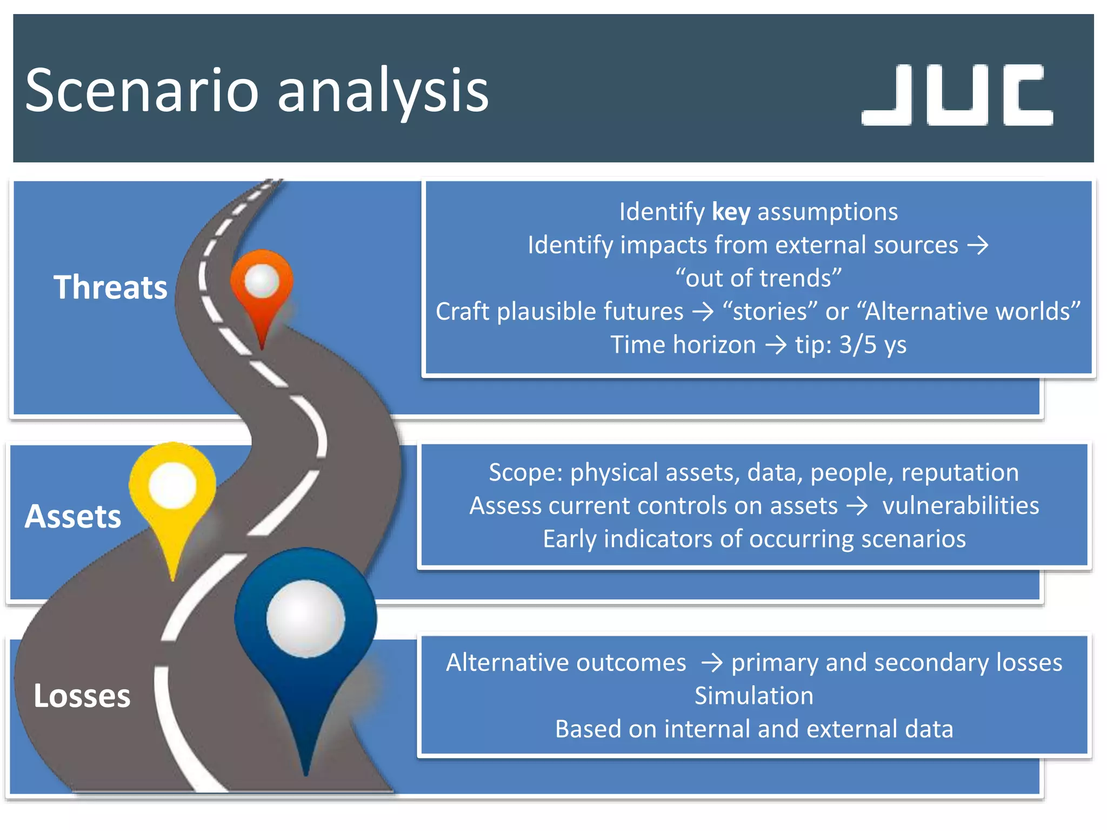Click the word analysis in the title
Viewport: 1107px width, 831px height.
(x=383, y=90)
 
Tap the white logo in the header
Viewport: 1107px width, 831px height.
(x=957, y=95)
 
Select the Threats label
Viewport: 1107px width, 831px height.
(x=110, y=287)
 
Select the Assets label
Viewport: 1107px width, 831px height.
(x=73, y=516)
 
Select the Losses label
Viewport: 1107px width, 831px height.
(x=82, y=696)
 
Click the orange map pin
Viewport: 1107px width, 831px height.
(x=262, y=287)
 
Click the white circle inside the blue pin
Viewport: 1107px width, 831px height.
(x=305, y=618)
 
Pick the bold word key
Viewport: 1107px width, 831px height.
(x=731, y=212)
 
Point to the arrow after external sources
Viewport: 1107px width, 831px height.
(x=978, y=245)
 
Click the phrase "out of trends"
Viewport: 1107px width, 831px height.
(x=758, y=278)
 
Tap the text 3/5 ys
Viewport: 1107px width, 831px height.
(x=872, y=345)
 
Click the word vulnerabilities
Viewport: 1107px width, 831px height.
(x=961, y=506)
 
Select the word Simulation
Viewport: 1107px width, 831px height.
(x=753, y=696)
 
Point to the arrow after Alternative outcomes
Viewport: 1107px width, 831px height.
(x=711, y=663)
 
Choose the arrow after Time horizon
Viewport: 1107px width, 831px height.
(x=776, y=345)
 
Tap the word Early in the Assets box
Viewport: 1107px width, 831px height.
(x=569, y=539)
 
